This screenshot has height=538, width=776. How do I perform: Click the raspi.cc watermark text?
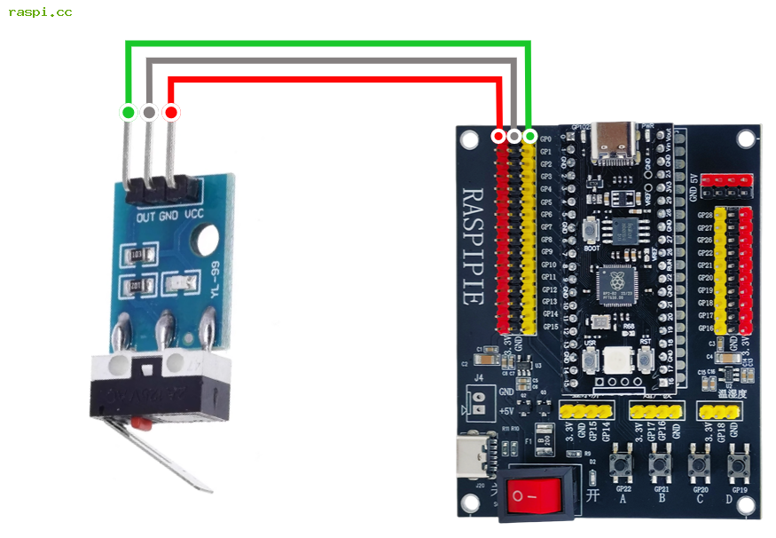point(40,12)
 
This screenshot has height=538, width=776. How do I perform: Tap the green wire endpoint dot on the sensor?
point(128,113)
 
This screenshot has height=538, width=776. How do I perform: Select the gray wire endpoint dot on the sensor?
point(149,113)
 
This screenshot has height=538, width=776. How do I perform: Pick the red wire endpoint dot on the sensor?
point(171,113)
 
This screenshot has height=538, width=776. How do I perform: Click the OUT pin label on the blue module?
point(146,216)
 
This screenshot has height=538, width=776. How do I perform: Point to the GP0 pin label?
point(545,139)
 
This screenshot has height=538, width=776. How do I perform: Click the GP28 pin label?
point(705,215)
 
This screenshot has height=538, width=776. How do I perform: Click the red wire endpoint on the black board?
point(498,136)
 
